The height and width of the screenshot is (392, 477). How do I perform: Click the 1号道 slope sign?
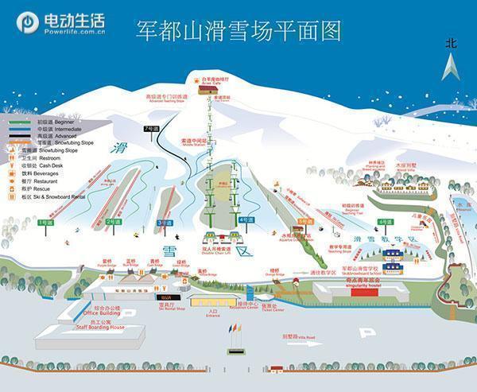tap(47, 223)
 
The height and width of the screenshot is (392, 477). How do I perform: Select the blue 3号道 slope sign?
tap(165, 223)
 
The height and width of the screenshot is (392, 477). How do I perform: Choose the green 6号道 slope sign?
tap(386, 221)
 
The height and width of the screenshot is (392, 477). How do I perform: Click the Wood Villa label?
tap(405, 169)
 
